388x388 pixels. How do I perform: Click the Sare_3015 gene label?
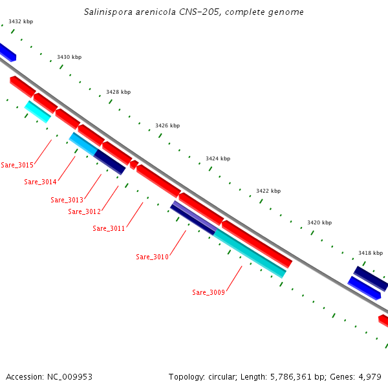(x=17, y=165)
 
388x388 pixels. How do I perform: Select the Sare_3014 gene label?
(x=40, y=182)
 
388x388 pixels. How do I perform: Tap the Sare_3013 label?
(x=67, y=200)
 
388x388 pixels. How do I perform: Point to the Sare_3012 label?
(x=84, y=211)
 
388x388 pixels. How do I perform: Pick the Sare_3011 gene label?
(x=109, y=228)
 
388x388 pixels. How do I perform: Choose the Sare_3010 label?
(x=152, y=257)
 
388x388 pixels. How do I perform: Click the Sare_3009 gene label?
(x=208, y=292)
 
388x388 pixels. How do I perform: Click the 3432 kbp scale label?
(x=21, y=21)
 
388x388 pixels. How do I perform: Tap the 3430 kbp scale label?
(x=69, y=57)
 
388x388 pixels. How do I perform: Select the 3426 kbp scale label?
(x=167, y=125)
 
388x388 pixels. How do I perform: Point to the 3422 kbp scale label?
(x=268, y=191)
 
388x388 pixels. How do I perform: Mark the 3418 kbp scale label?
(x=371, y=253)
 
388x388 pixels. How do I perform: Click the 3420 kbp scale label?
(x=319, y=222)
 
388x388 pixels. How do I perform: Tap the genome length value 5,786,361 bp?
(x=295, y=376)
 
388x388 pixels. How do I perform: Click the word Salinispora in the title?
(x=107, y=12)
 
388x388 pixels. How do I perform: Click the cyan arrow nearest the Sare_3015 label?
(x=37, y=111)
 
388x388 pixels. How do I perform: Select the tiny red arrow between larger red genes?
(x=134, y=165)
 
